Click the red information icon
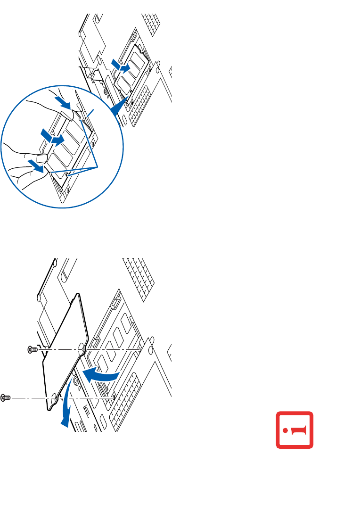295,430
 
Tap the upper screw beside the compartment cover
32,349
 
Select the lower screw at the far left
5,397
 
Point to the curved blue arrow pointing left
100,375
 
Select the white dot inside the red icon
286,430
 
